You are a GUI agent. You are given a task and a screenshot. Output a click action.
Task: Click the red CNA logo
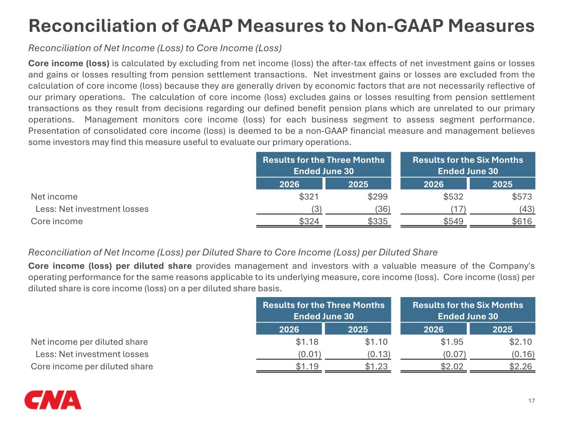53,400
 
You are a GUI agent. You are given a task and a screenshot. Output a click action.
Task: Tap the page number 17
532,401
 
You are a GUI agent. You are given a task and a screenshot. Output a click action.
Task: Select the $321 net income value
309,197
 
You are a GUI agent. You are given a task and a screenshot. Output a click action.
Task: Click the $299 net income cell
377,197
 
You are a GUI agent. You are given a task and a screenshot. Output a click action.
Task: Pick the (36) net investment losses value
383,209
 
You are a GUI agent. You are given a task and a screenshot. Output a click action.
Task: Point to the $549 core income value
453,221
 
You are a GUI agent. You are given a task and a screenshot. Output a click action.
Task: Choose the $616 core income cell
522,221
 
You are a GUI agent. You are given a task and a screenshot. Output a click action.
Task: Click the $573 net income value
522,197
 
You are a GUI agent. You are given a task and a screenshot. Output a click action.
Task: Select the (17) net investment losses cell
458,209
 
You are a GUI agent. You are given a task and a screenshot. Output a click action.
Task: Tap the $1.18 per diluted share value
307,342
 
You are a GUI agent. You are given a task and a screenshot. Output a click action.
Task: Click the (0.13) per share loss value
379,354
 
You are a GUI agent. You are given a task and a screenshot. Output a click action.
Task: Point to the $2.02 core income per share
452,366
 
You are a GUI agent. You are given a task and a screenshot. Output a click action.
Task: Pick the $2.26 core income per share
521,366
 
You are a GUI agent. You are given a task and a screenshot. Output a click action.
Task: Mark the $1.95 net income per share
452,342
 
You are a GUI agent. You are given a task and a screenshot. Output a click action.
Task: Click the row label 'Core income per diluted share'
92,366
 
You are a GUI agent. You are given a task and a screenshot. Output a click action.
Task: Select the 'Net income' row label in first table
54,197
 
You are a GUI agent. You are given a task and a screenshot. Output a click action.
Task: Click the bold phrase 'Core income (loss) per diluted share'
110,266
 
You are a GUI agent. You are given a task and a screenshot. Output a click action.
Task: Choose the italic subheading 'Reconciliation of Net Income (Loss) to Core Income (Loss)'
155,48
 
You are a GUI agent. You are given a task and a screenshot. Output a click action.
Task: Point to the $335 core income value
377,221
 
